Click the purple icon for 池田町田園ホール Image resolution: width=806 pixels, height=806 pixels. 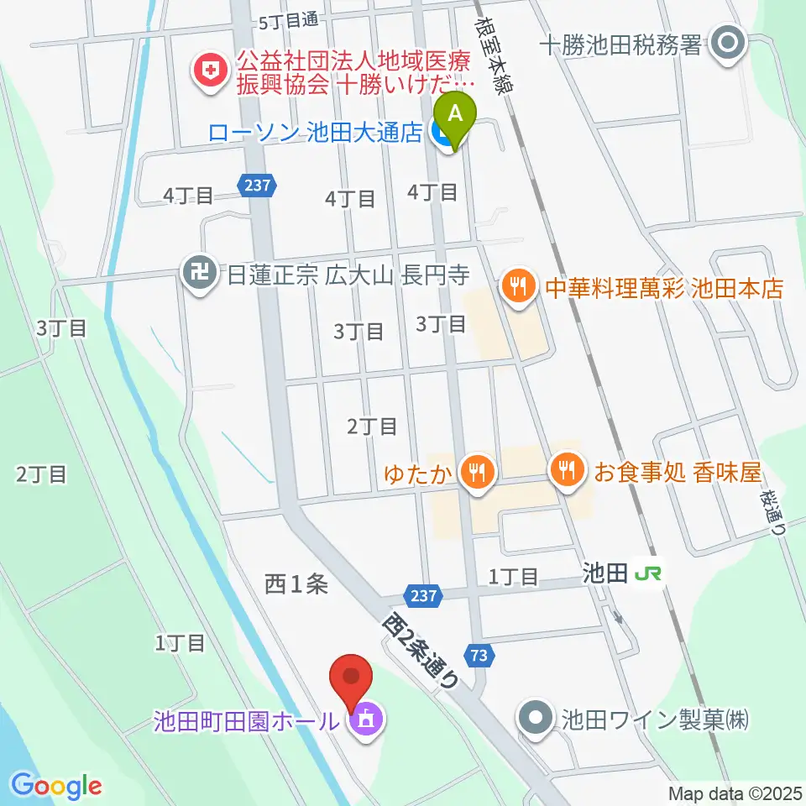[365, 720]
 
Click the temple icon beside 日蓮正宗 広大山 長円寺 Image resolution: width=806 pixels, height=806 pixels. [198, 274]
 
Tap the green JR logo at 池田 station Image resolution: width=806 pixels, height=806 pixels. [646, 574]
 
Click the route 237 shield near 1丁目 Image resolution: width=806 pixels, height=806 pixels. [424, 595]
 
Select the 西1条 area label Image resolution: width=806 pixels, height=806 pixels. [296, 584]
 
